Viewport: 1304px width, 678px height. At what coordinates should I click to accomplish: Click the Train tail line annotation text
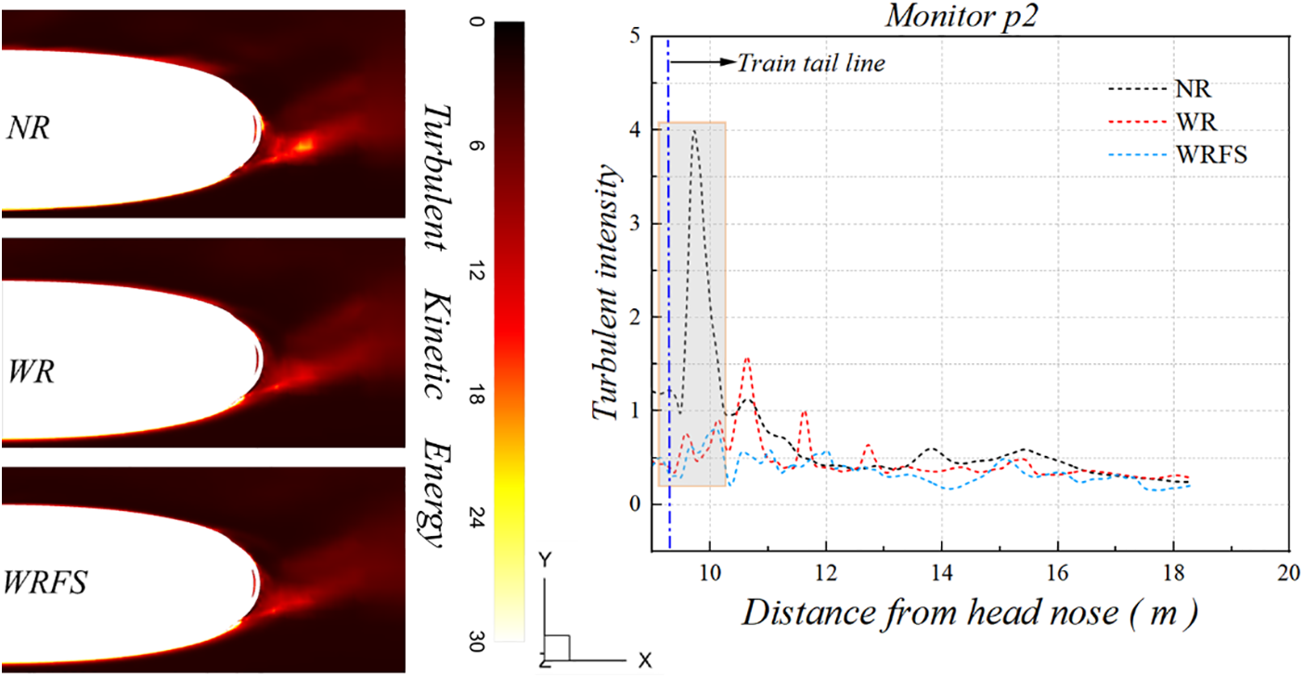point(811,63)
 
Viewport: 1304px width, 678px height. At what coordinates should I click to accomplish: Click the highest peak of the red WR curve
point(747,359)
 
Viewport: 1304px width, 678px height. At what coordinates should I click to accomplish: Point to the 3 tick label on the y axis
point(635,224)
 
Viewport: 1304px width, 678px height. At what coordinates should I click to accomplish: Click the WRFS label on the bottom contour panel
point(45,583)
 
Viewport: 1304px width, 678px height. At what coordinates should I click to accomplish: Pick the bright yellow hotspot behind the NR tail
point(303,144)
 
